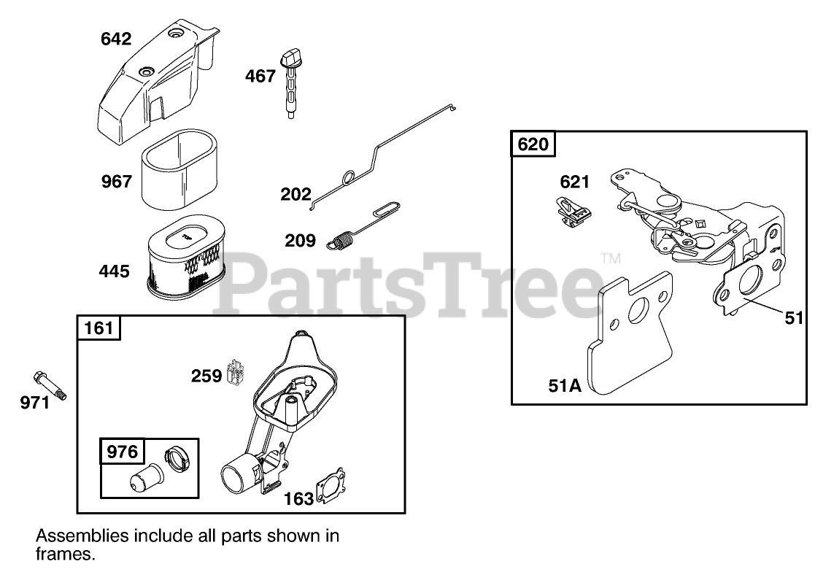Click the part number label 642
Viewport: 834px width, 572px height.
[116, 39]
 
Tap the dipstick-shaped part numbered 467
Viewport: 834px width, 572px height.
[290, 80]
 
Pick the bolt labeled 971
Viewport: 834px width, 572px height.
[50, 386]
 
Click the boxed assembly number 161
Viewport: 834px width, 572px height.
[99, 328]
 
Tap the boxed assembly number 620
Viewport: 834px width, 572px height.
[533, 144]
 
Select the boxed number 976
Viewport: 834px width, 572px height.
[122, 452]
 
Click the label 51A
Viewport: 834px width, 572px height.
[565, 384]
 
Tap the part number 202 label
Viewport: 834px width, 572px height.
[296, 194]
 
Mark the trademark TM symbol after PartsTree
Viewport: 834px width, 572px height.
[609, 258]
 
